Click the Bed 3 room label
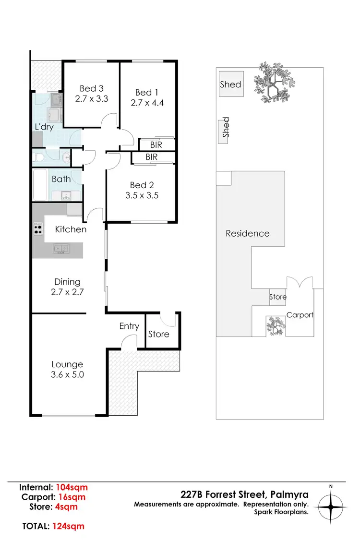(x=92, y=88)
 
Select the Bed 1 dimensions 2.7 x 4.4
(x=147, y=102)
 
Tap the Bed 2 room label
(x=141, y=185)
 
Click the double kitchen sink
(x=60, y=249)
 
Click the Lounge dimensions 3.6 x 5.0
(x=68, y=374)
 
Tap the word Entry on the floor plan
(x=129, y=326)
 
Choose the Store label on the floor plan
(x=158, y=334)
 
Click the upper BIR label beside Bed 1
(x=156, y=144)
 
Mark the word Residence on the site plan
(x=248, y=234)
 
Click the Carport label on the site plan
(x=300, y=315)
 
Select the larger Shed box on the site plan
(x=231, y=84)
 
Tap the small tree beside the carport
(x=276, y=326)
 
